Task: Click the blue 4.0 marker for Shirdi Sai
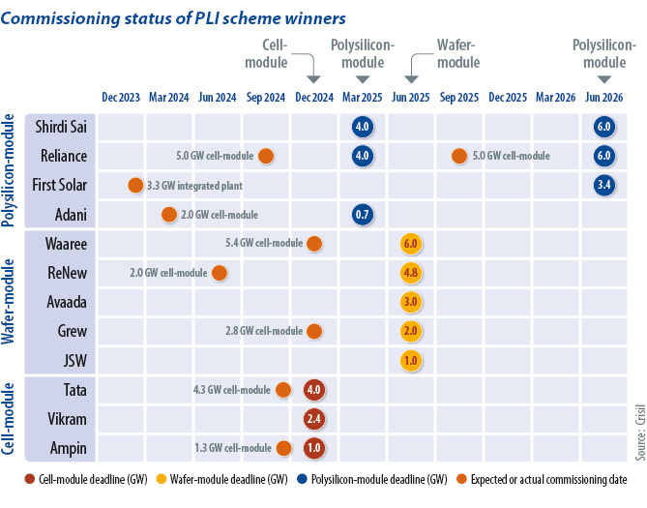pos(363,127)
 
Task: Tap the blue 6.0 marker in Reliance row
pos(604,156)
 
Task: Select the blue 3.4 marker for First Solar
pos(604,185)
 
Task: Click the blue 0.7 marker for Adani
pos(363,215)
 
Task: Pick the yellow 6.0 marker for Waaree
pos(410,244)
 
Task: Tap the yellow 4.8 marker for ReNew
pos(410,273)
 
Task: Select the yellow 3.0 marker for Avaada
pos(410,302)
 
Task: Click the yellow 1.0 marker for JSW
pos(410,360)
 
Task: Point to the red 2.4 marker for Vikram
pos(313,419)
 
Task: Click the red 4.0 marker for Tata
pos(313,390)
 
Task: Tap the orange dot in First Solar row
pos(135,185)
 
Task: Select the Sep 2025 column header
pos(459,98)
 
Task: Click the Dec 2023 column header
pos(121,98)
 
